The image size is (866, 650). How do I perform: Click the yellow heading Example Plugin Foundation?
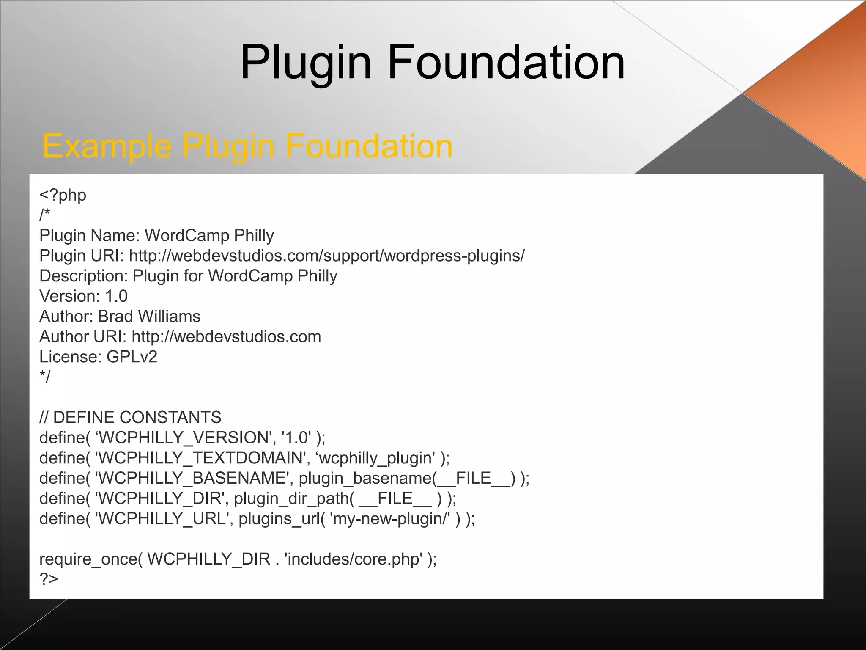tap(247, 146)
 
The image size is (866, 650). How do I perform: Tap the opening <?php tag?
tap(63, 195)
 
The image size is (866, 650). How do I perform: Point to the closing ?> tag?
tap(49, 578)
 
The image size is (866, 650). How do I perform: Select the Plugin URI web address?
tap(326, 256)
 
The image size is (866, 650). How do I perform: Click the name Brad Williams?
tap(149, 317)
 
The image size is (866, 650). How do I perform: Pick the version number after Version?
tap(116, 296)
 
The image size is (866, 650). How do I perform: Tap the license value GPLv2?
tap(132, 357)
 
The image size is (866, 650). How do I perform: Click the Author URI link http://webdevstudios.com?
tap(226, 337)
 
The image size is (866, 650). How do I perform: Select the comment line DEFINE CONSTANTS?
tap(137, 417)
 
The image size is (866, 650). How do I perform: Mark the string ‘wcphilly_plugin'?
tap(375, 458)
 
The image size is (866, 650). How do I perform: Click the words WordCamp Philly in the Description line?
tap(273, 276)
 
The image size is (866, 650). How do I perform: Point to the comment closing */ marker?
tap(44, 377)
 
